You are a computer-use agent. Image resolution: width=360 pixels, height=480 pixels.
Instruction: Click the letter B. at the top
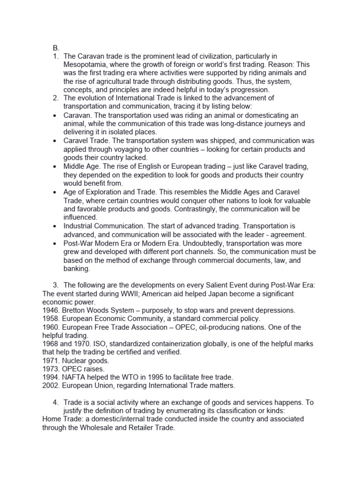(x=56, y=47)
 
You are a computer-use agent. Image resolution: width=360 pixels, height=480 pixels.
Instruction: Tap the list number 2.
(x=56, y=98)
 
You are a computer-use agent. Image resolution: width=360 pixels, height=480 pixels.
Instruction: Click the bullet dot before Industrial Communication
(x=56, y=226)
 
